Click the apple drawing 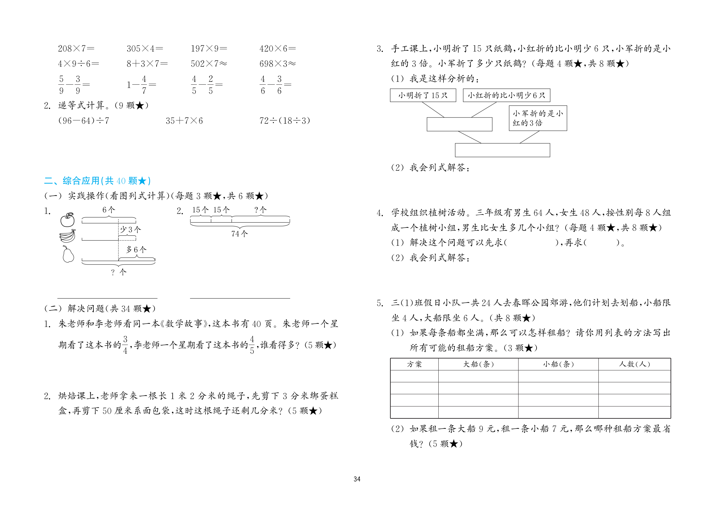click(x=67, y=220)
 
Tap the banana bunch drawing click(x=68, y=236)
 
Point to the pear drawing click(x=68, y=254)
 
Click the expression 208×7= click(x=76, y=49)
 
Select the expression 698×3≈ click(x=277, y=64)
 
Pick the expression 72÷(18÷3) click(x=284, y=121)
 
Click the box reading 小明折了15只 click(x=423, y=95)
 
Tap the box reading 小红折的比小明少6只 click(x=506, y=95)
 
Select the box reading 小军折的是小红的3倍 click(x=538, y=118)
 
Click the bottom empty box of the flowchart click(x=502, y=150)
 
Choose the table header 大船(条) click(x=478, y=364)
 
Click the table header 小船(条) click(x=558, y=364)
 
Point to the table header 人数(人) click(x=634, y=364)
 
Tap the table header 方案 click(x=414, y=364)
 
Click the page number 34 click(x=357, y=479)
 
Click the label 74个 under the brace click(x=239, y=234)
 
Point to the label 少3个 click(x=130, y=230)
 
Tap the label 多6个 click(x=136, y=250)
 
